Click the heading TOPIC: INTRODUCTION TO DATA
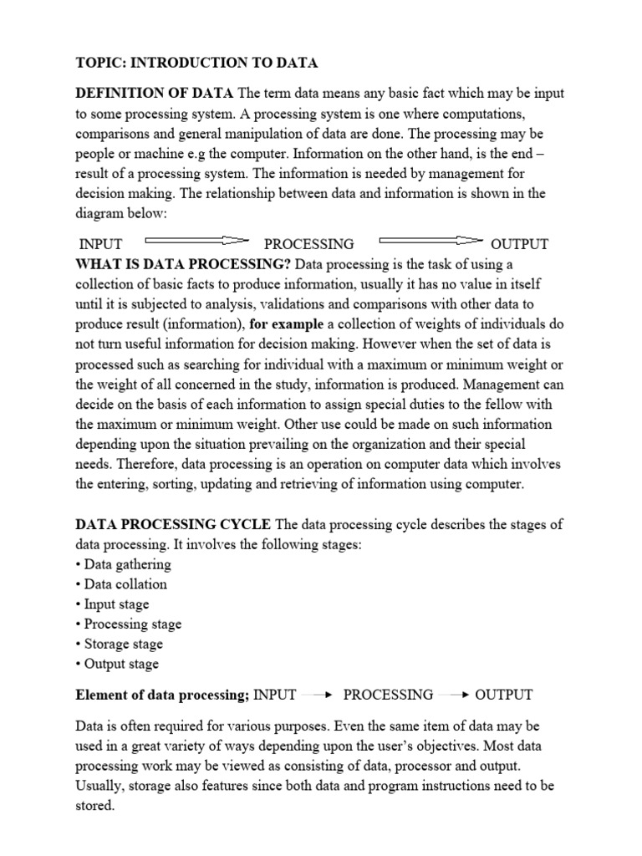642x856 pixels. [196, 63]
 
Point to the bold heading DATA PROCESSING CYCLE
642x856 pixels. [173, 524]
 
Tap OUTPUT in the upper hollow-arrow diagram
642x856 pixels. [519, 244]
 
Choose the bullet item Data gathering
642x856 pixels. [123, 564]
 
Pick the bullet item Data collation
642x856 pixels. [121, 584]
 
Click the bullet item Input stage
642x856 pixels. [113, 604]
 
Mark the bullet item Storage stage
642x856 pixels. [120, 645]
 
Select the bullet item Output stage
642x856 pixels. [117, 665]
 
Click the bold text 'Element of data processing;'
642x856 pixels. [162, 695]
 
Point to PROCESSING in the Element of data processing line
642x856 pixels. [388, 695]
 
